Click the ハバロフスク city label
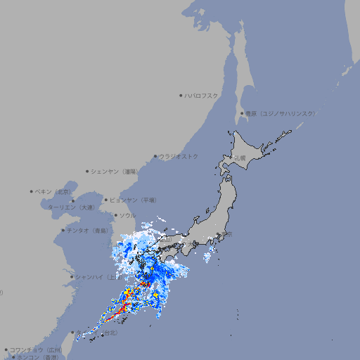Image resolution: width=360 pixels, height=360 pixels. [x=201, y=95]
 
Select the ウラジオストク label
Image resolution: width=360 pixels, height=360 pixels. [x=179, y=156]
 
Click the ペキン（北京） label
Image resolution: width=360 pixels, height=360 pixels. [x=53, y=191]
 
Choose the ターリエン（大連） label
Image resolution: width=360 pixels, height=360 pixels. [x=71, y=207]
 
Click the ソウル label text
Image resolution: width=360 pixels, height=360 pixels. [x=127, y=215]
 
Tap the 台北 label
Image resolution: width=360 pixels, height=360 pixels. [x=109, y=335]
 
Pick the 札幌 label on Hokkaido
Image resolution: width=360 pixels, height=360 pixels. [x=240, y=157]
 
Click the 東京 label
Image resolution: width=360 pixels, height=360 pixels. [x=226, y=234]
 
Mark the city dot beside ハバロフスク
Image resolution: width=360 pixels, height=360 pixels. [x=181, y=95]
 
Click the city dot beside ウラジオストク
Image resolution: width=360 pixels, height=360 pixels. [x=155, y=156]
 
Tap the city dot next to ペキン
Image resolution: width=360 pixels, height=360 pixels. [x=32, y=191]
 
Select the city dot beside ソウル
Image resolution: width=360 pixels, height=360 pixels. [x=115, y=215]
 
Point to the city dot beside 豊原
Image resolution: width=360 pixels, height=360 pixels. [x=242, y=113]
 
